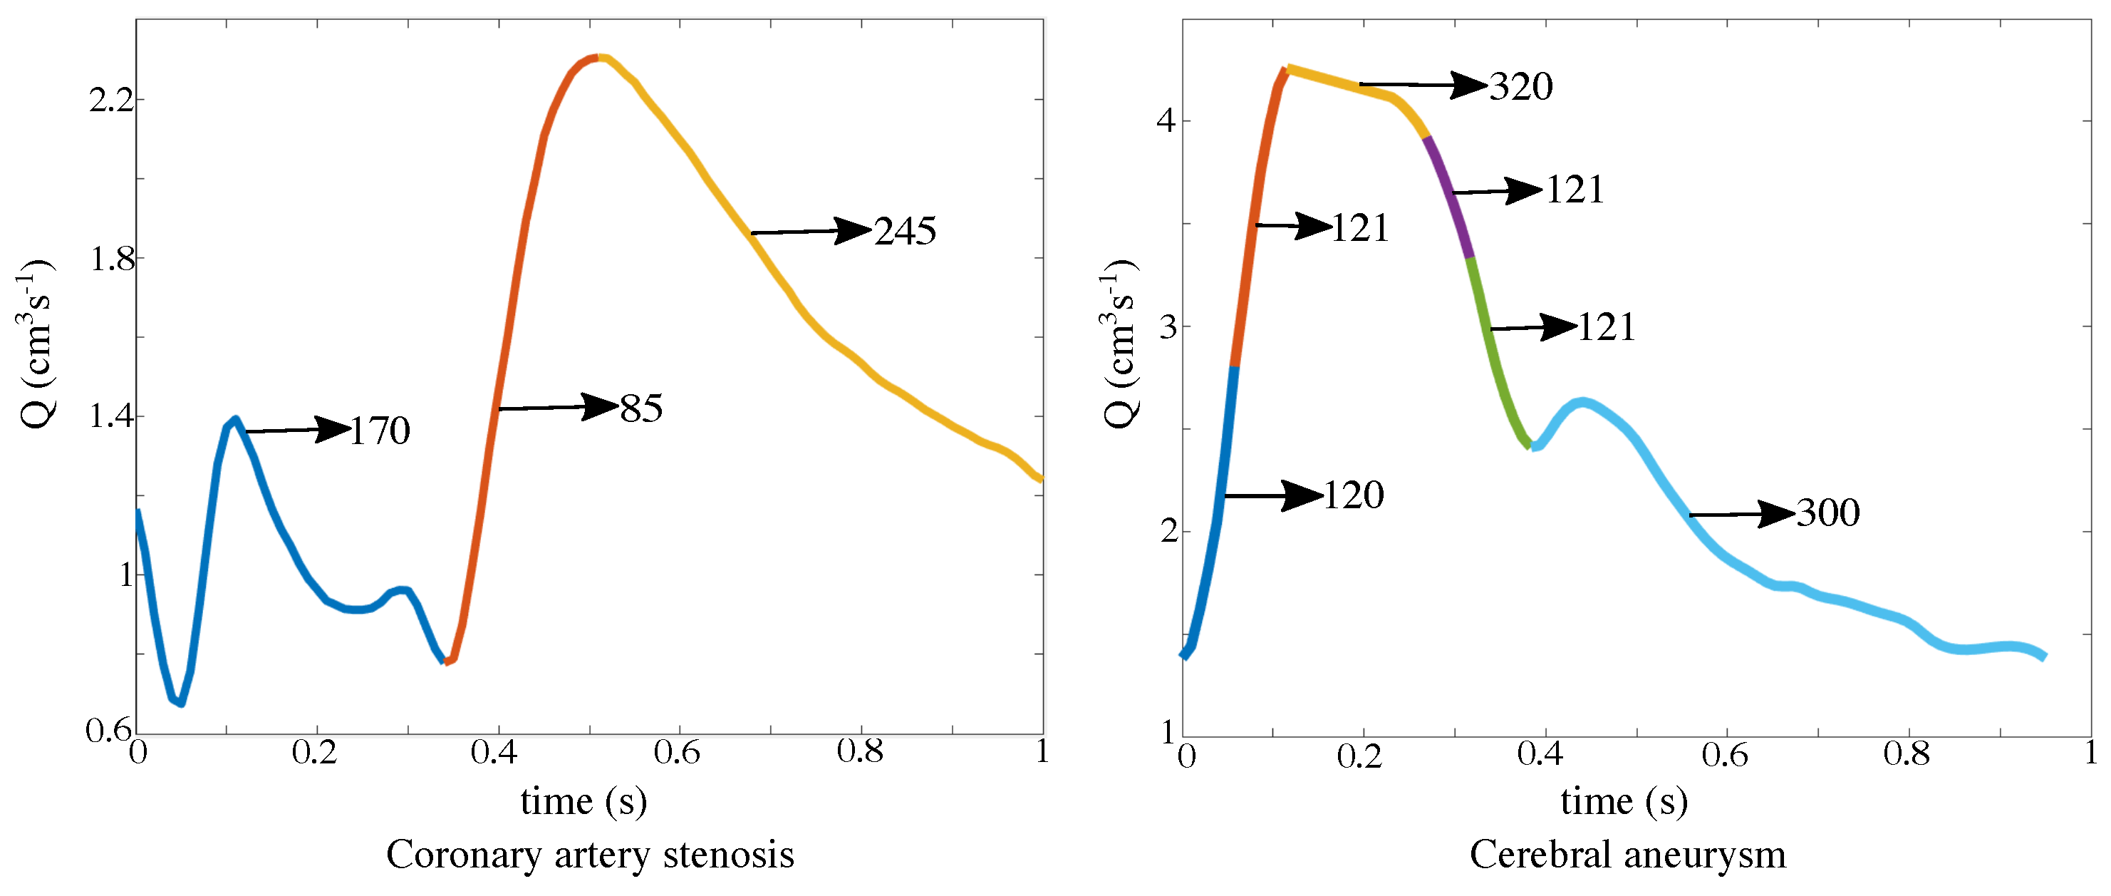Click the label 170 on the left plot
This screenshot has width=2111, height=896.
tap(380, 431)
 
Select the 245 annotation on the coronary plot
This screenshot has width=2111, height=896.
tap(905, 231)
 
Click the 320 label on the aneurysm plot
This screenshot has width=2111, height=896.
tap(1520, 86)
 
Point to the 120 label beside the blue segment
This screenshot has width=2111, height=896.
tap(1354, 495)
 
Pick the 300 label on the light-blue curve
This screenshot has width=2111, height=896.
tap(1827, 513)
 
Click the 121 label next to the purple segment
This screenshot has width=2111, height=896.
tap(1575, 190)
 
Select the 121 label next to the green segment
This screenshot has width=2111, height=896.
tap(1606, 327)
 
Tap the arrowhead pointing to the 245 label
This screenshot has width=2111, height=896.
tap(852, 230)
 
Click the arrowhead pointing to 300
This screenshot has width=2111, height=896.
tap(1776, 514)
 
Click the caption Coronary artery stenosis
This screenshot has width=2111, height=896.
tap(590, 855)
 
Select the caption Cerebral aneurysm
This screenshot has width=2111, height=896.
tap(1627, 855)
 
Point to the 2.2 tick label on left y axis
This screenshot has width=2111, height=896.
tap(110, 100)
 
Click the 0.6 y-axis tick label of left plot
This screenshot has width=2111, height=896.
tap(108, 731)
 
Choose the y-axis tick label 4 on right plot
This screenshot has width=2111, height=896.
tap(1166, 121)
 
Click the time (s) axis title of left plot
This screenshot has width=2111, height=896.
tap(583, 801)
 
